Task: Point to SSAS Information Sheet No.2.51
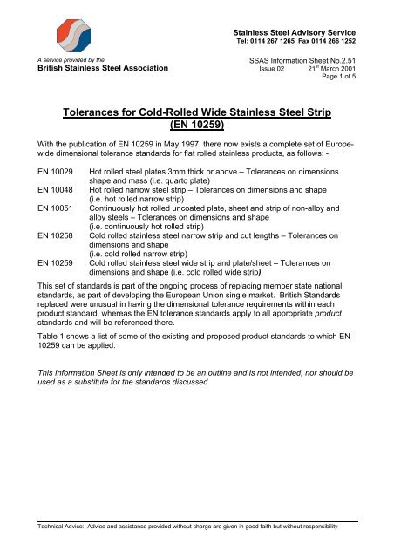pos(322,56)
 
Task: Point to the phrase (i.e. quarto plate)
pos(182,198)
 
